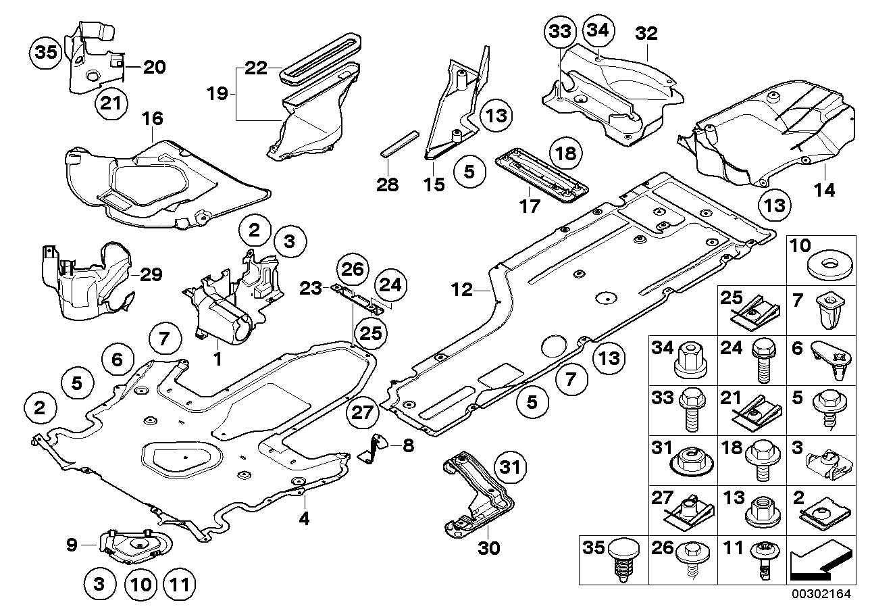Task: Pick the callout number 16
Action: click(153, 119)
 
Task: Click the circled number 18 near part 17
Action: click(566, 153)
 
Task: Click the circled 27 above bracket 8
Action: click(363, 412)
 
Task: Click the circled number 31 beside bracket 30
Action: click(511, 467)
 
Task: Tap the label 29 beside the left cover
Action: click(152, 275)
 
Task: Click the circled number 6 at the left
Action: click(118, 360)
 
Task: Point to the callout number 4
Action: click(305, 520)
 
